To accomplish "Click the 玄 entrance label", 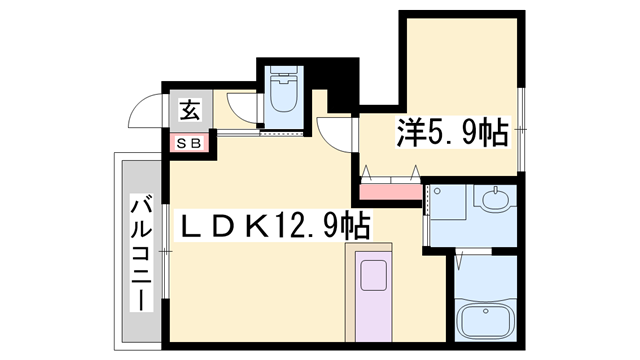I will (190, 110).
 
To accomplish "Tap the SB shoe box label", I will (190, 143).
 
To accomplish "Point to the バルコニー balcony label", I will (140, 253).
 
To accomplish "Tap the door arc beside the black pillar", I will (333, 132).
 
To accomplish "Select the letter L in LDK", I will (190, 224).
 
